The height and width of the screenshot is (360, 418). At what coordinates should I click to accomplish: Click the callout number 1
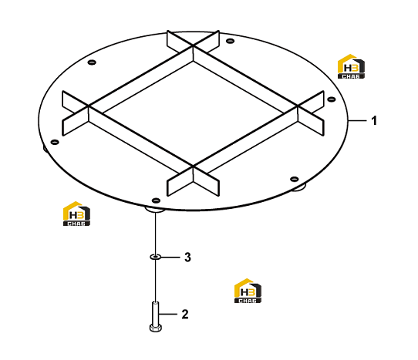pyautogui.click(x=374, y=121)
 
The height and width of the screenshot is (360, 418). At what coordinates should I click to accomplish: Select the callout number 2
pyautogui.click(x=185, y=315)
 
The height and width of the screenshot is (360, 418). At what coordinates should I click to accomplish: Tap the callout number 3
pyautogui.click(x=188, y=257)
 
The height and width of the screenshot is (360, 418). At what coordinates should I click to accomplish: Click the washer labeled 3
pyautogui.click(x=155, y=257)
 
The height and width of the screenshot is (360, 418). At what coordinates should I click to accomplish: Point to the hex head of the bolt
pyautogui.click(x=155, y=328)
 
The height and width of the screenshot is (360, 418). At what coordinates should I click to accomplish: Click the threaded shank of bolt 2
pyautogui.click(x=155, y=314)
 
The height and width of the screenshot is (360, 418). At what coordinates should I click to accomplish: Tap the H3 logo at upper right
pyautogui.click(x=351, y=66)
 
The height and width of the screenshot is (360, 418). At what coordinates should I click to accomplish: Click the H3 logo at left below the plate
pyautogui.click(x=76, y=214)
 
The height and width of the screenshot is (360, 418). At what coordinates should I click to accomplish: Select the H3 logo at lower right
pyautogui.click(x=248, y=291)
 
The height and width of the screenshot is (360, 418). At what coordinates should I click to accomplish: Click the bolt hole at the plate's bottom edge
pyautogui.click(x=156, y=200)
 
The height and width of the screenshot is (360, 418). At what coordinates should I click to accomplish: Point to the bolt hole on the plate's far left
pyautogui.click(x=55, y=142)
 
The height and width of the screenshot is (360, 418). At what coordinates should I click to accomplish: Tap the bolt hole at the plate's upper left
pyautogui.click(x=92, y=62)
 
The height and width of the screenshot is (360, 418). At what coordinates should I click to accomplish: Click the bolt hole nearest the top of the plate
pyautogui.click(x=230, y=41)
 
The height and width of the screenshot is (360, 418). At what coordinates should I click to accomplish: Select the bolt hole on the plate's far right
pyautogui.click(x=332, y=99)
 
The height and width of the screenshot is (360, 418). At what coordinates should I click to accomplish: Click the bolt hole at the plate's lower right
pyautogui.click(x=294, y=179)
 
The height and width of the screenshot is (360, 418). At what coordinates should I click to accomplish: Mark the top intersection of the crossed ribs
pyautogui.click(x=193, y=46)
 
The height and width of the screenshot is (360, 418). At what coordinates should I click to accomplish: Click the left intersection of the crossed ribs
pyautogui.click(x=89, y=106)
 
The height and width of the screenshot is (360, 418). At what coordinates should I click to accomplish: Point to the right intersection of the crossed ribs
pyautogui.click(x=298, y=106)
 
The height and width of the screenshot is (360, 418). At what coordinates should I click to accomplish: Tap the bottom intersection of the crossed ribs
pyautogui.click(x=193, y=167)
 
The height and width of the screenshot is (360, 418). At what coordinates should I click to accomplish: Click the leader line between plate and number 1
pyautogui.click(x=357, y=121)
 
